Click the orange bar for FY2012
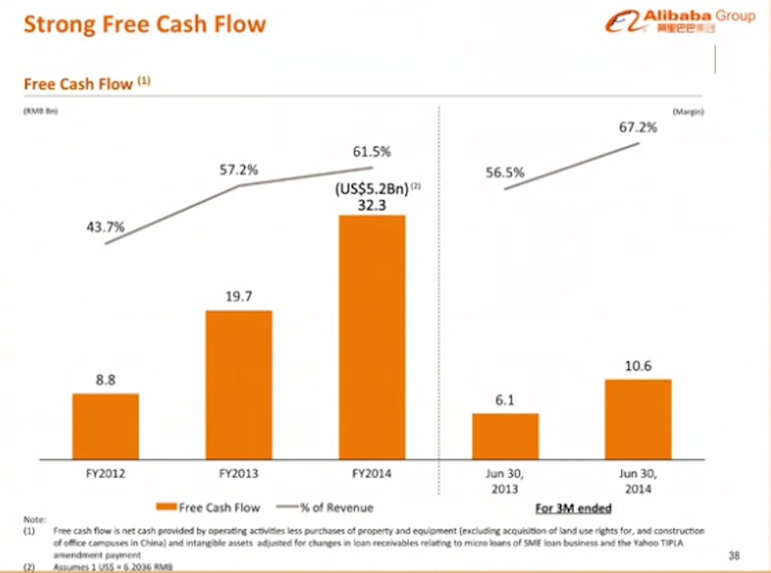[105, 426]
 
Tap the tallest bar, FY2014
[373, 336]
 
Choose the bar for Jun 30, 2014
[639, 418]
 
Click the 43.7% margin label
[106, 227]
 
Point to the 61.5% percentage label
[372, 152]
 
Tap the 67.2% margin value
[638, 128]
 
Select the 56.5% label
[505, 172]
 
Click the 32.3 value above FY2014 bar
[373, 206]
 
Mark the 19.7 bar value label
[239, 296]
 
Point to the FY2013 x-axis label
[239, 473]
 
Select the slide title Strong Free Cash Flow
[145, 23]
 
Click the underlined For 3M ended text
[573, 507]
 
